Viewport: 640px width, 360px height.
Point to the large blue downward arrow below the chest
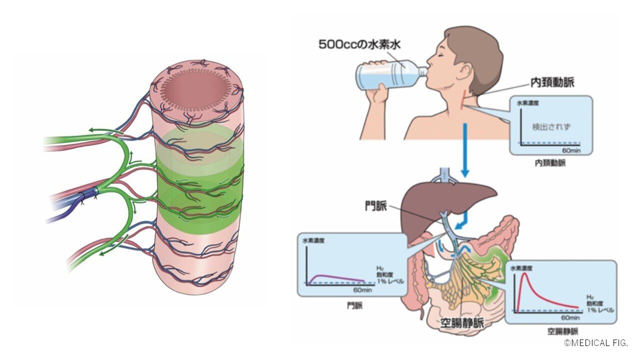pos(464,150)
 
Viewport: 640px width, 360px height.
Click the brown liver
pos(440,200)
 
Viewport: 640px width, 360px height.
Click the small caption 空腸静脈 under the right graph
pos(562,331)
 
